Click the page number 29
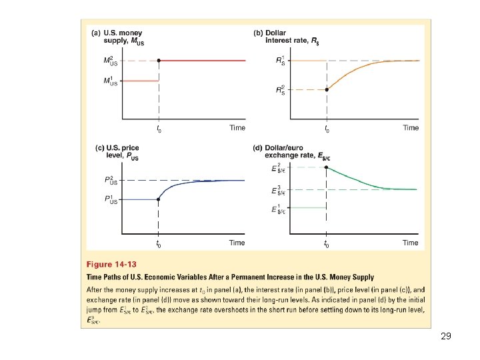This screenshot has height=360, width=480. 446,336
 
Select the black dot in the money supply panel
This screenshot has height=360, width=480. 159,61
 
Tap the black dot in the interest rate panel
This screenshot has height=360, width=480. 326,89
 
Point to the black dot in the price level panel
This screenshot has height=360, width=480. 158,199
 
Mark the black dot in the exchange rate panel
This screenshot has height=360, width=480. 326,167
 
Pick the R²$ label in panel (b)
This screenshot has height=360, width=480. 281,90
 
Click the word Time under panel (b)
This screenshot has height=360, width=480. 411,127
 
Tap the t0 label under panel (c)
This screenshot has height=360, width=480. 158,244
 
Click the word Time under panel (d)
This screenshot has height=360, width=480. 411,243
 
